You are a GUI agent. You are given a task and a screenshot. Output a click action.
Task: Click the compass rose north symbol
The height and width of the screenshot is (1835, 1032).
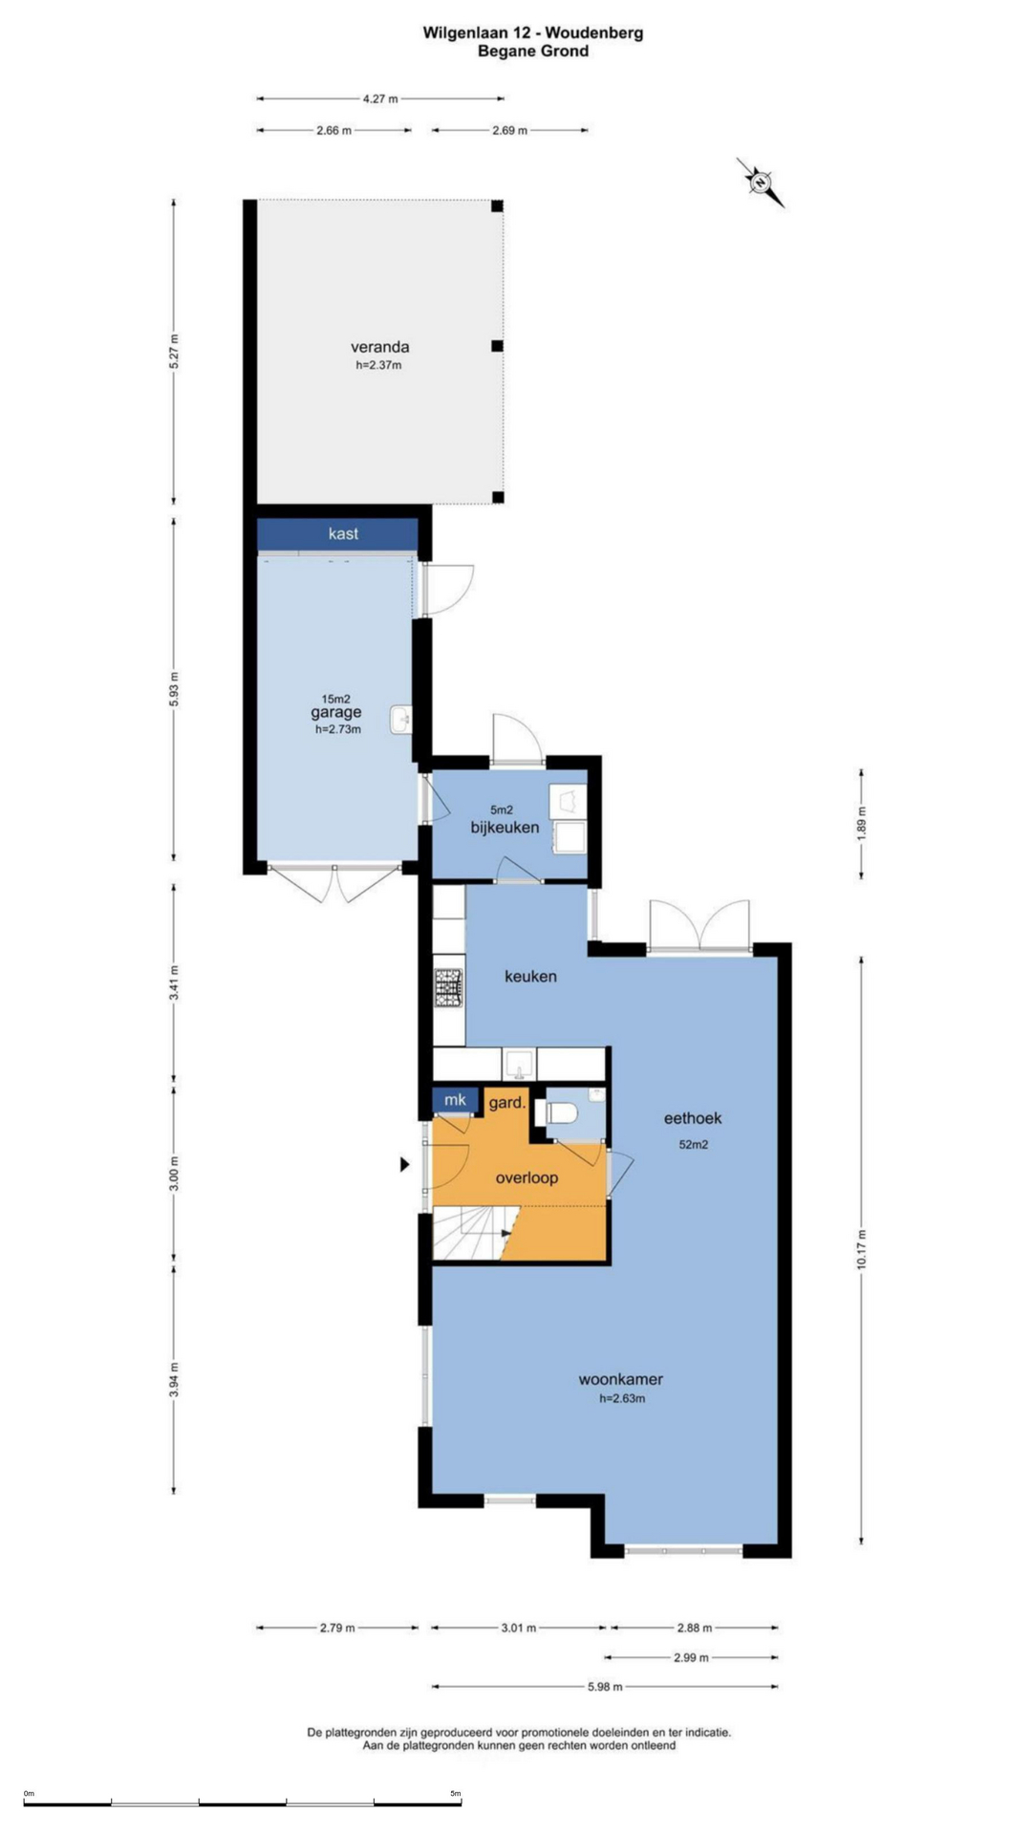tap(761, 182)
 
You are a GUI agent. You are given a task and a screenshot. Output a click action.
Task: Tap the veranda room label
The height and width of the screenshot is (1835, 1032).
tap(379, 347)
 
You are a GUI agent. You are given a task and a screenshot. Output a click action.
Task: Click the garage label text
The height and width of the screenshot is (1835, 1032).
tap(336, 712)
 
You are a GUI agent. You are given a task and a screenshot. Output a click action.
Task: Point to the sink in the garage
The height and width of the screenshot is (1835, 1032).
tap(401, 720)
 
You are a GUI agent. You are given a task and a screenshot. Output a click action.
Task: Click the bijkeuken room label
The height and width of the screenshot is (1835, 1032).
tap(505, 828)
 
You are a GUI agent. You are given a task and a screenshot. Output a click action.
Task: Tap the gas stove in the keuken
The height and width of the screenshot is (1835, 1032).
tap(449, 988)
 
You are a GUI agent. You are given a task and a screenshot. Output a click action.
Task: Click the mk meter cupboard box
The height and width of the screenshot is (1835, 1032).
tap(455, 1100)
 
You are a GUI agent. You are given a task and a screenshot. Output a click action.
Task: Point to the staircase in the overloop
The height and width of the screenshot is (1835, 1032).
tap(475, 1233)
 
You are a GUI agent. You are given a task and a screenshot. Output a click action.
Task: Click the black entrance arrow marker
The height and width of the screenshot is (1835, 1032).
tap(405, 1164)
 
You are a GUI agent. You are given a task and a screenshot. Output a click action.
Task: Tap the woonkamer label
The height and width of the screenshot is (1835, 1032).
tap(621, 1379)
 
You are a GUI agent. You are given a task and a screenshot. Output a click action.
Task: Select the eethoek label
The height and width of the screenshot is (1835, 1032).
tap(693, 1117)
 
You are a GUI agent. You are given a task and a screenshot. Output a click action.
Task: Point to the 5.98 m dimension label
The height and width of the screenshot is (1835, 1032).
tap(605, 1687)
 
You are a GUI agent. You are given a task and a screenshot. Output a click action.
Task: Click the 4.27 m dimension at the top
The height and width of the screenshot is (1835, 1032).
tap(380, 98)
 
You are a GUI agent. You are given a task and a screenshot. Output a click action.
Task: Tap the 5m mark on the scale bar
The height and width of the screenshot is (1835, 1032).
tap(456, 1794)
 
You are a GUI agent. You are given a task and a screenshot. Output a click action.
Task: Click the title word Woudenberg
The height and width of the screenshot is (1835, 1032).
tap(594, 32)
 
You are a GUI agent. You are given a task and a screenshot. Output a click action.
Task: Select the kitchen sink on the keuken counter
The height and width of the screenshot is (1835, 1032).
tap(520, 1063)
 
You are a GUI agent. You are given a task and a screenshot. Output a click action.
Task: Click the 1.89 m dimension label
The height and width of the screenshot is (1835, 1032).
tap(861, 823)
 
